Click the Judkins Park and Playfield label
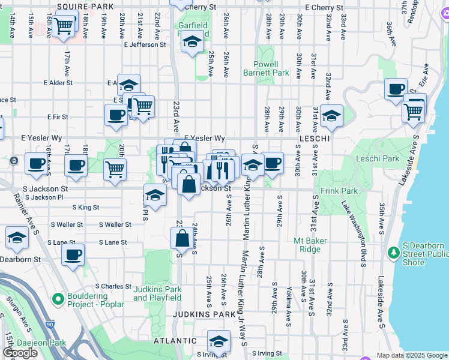coord(157,293)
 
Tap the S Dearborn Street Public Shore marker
coord(394,253)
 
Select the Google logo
coord(20,353)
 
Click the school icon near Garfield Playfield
coord(192,43)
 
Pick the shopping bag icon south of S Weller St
coord(182,238)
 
